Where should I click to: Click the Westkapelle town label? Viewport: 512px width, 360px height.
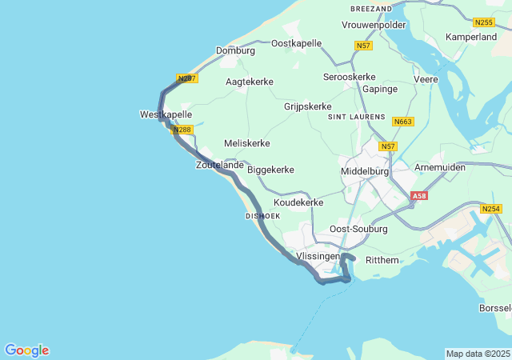pyautogui.click(x=166, y=115)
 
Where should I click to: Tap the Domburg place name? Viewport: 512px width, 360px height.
pyautogui.click(x=235, y=50)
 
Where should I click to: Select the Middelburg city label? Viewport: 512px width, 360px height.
pyautogui.click(x=364, y=171)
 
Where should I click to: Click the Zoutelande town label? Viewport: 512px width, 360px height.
pyautogui.click(x=219, y=165)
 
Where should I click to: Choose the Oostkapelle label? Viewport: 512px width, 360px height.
pyautogui.click(x=296, y=43)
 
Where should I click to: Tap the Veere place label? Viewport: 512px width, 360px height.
pyautogui.click(x=426, y=80)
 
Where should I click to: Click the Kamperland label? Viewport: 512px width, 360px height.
pyautogui.click(x=471, y=38)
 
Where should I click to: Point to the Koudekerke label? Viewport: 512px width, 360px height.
pyautogui.click(x=298, y=202)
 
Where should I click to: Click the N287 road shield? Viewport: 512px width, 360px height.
pyautogui.click(x=186, y=78)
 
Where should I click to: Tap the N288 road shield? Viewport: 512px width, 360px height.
pyautogui.click(x=182, y=130)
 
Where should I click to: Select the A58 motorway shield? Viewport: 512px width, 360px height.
pyautogui.click(x=419, y=195)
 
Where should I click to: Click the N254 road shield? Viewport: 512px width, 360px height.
pyautogui.click(x=491, y=209)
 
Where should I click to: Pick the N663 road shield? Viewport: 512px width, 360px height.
pyautogui.click(x=403, y=122)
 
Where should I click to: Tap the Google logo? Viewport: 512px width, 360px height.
pyautogui.click(x=26, y=350)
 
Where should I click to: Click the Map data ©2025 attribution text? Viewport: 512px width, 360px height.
pyautogui.click(x=477, y=354)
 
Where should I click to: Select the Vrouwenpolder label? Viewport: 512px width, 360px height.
pyautogui.click(x=374, y=25)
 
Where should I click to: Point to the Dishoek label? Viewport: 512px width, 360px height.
pyautogui.click(x=262, y=216)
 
